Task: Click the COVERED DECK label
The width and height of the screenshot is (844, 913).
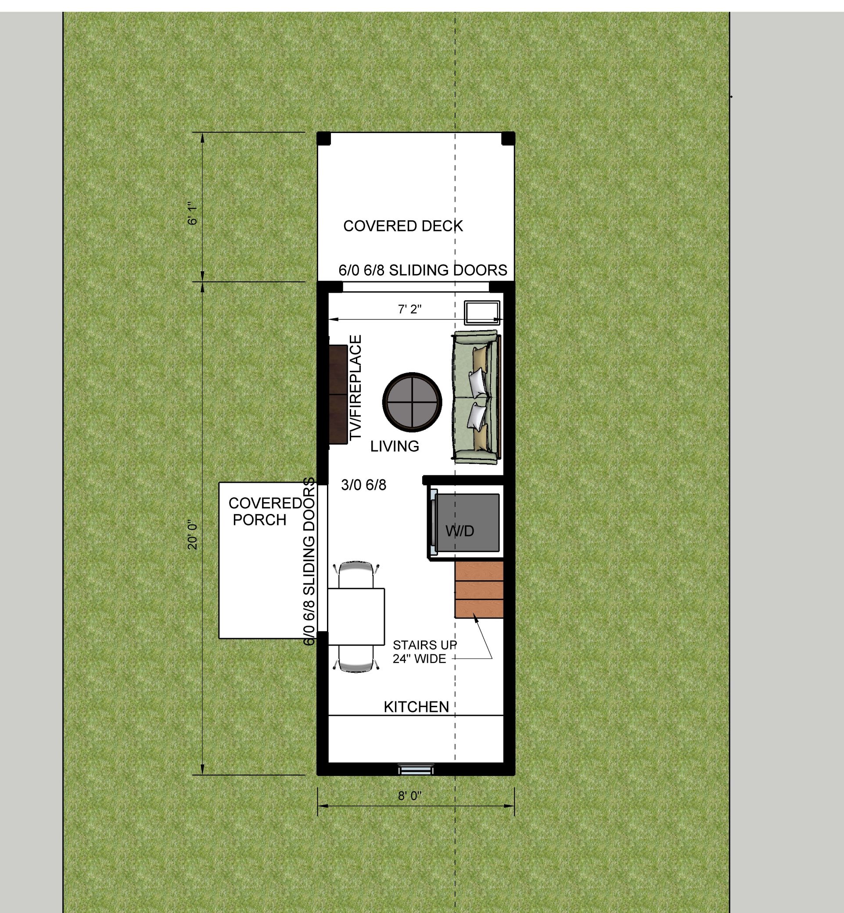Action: point(403,226)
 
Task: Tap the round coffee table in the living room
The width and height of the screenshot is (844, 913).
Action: point(412,402)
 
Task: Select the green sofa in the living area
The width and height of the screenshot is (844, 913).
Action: point(476,397)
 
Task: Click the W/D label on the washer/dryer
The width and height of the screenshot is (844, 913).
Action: point(460,531)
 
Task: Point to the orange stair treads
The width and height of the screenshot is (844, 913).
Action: point(479,589)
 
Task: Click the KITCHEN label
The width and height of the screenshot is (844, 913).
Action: point(416,707)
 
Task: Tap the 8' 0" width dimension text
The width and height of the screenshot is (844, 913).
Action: point(409,796)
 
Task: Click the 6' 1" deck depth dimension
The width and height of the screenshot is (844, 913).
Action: point(193,213)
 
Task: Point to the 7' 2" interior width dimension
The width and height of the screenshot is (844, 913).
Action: point(409,309)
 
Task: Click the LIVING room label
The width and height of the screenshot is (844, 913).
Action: point(395,446)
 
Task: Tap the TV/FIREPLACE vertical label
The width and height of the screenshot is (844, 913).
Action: point(356,388)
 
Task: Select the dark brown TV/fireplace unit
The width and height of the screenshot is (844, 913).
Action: point(338,394)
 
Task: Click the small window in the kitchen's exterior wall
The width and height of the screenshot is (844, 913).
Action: point(415,770)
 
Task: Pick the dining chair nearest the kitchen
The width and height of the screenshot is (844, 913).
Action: point(357,658)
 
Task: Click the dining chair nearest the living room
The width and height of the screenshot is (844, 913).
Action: point(356,575)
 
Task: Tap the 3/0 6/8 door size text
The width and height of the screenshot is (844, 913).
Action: point(363,485)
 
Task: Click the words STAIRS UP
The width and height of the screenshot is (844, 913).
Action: point(425,645)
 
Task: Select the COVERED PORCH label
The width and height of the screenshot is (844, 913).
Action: point(265,511)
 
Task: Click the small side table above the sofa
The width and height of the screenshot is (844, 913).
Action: point(482,313)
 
